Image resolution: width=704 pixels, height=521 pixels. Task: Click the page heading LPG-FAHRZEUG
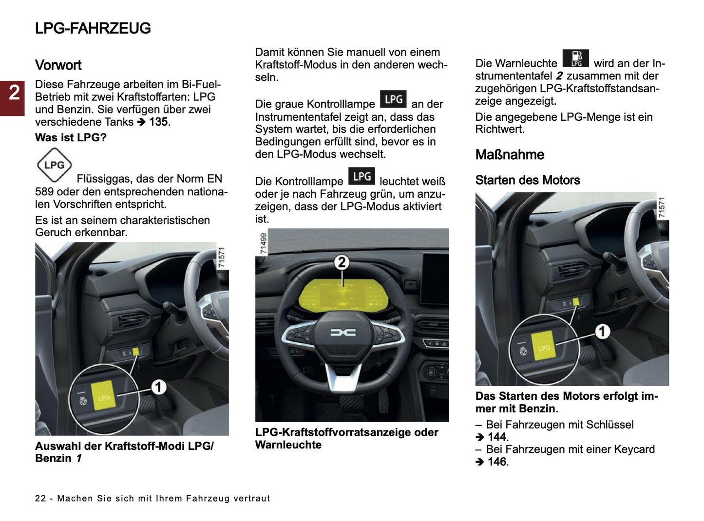93,28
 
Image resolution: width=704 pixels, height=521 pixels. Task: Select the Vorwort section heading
58,65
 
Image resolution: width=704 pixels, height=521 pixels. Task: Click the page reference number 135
158,122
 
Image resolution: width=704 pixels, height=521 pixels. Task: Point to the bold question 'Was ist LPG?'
71,138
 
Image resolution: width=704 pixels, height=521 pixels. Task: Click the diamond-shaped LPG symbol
54,165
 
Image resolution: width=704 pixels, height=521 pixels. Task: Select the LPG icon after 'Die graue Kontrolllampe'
393,99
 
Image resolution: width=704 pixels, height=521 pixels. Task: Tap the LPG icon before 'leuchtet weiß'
362,176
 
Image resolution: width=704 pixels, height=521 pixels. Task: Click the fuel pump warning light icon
575,58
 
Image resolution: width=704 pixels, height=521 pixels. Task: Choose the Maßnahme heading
510,155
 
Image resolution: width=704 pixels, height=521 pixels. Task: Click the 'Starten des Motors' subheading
527,180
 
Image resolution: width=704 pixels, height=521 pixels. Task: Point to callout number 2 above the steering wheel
342,262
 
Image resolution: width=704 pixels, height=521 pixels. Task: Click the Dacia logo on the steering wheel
343,333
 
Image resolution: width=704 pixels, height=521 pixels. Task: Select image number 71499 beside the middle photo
263,243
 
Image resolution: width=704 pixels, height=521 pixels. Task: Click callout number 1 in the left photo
158,387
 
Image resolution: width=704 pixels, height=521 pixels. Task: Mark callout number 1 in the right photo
602,332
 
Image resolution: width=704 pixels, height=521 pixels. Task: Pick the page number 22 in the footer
40,499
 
